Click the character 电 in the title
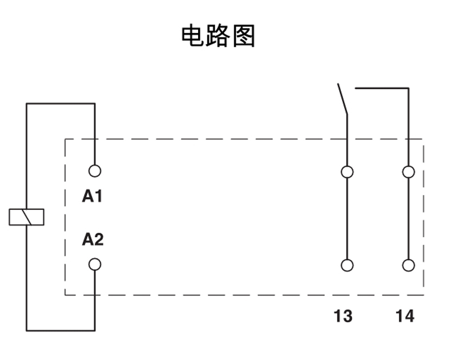pos(193,35)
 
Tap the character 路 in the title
pos(218,35)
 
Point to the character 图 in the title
pos(244,35)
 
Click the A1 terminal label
pos(92,197)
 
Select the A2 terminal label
pos(92,240)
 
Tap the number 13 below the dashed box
pos(343,315)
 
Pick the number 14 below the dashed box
pos(405,315)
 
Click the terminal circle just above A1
pos(95,171)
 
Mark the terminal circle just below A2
pos(95,264)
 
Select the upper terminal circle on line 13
pos(347,172)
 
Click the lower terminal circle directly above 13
pos(347,265)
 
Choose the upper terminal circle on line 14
pos(408,172)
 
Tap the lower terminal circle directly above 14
pos(408,265)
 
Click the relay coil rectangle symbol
pos(26,217)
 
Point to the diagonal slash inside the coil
pos(26,217)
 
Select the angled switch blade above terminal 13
pos(343,100)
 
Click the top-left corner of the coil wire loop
pos(27,104)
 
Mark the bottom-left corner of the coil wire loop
pos(27,330)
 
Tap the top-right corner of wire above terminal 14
pos(408,88)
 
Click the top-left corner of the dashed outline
pos(65,139)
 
